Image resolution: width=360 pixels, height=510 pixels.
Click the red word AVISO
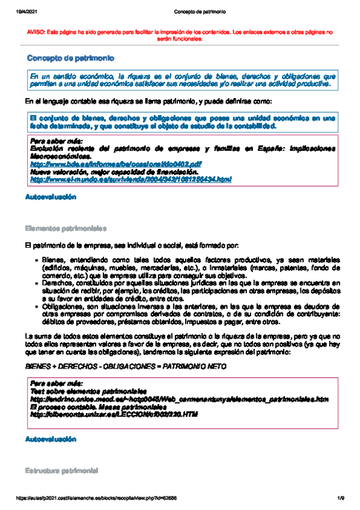pos(39,31)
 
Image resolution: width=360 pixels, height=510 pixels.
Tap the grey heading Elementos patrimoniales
pos(66,229)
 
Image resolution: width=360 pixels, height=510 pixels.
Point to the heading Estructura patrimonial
pos(62,469)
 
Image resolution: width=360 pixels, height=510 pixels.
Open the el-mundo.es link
pos(130,179)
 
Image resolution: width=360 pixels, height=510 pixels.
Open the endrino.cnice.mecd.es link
pos(178,399)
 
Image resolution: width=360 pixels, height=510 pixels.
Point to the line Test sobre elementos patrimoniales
pos(84,392)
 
